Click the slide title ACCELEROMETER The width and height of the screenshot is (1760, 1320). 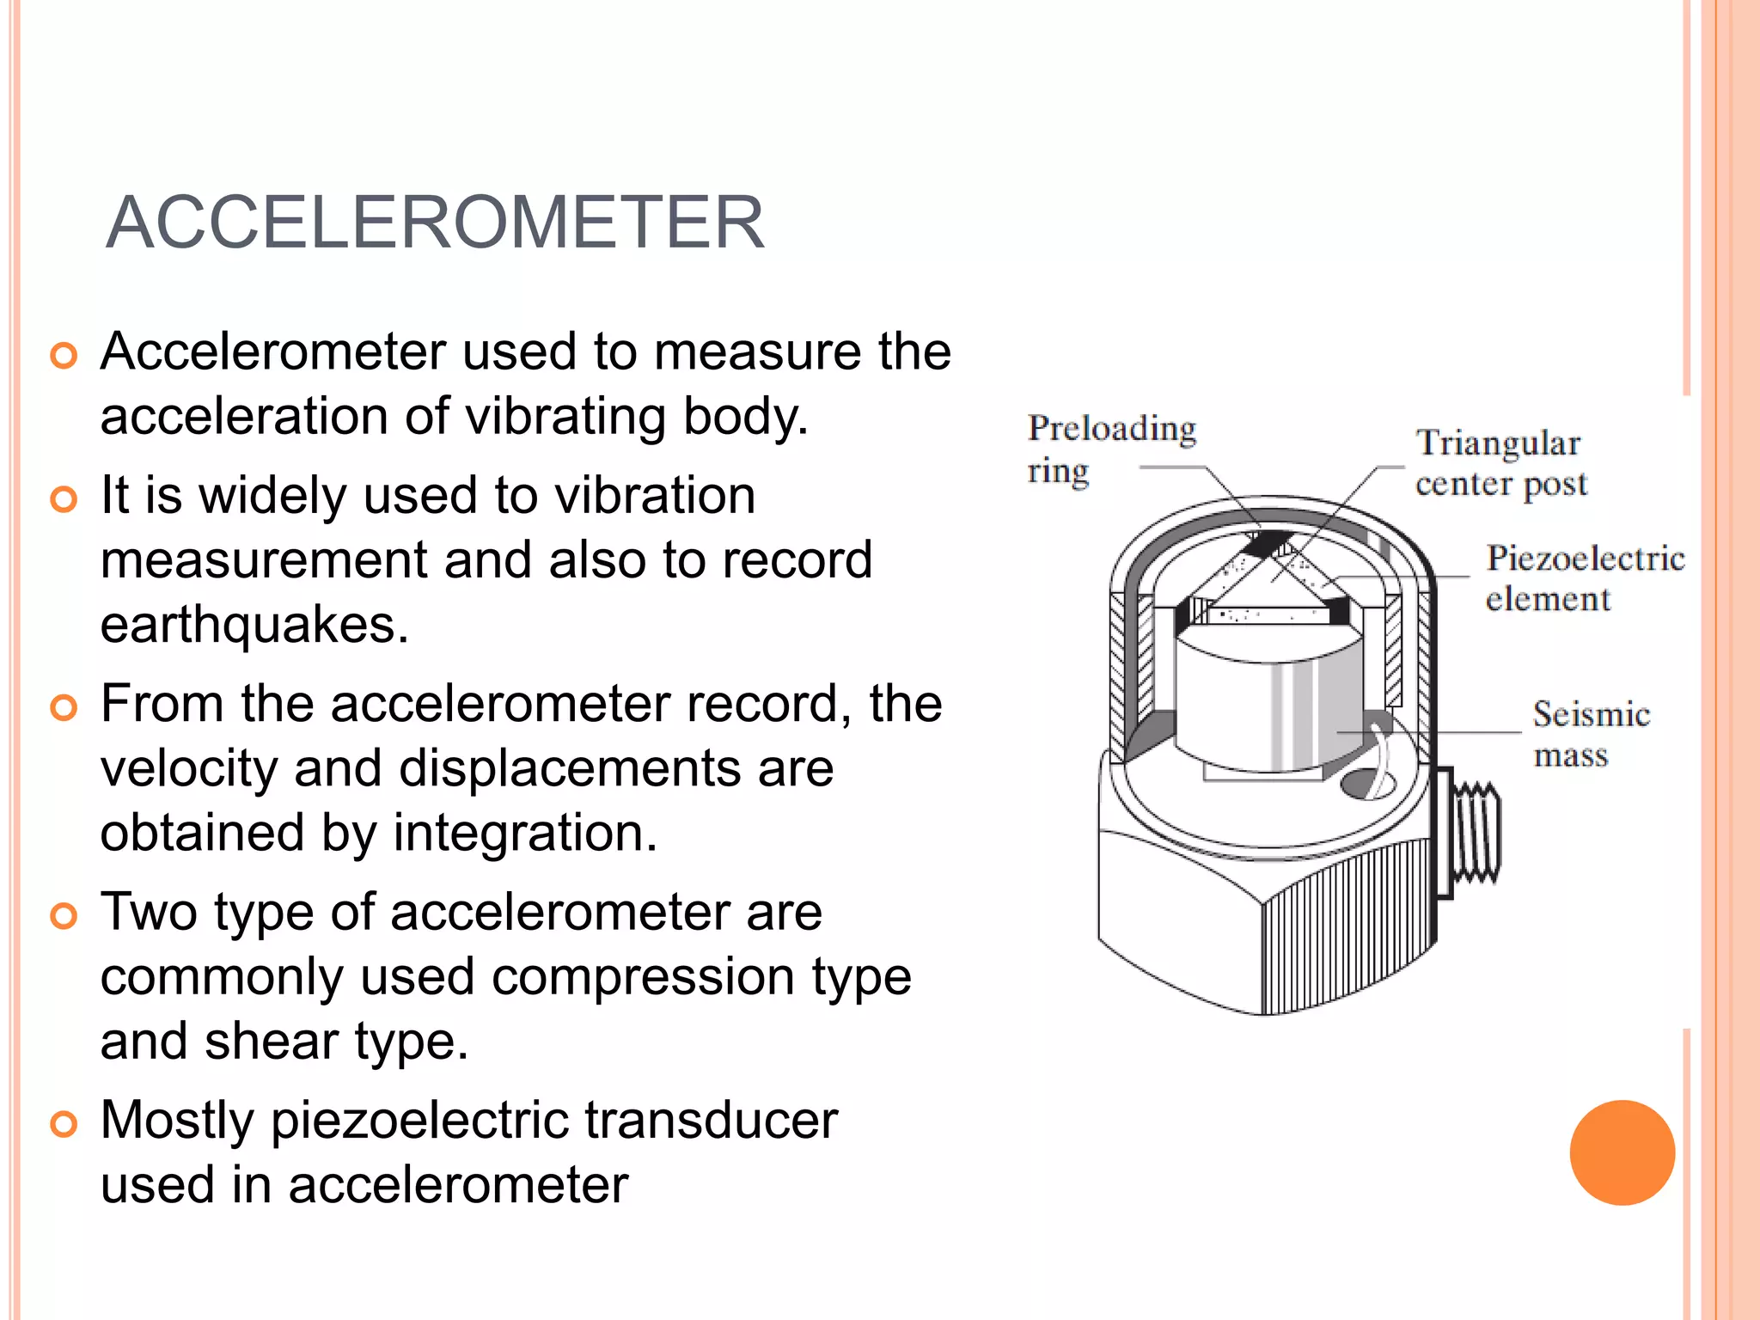click(x=434, y=223)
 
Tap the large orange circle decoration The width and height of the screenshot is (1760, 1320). click(x=1622, y=1152)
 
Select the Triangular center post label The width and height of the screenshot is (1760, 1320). click(x=1500, y=463)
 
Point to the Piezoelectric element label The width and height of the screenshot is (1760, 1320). click(x=1584, y=577)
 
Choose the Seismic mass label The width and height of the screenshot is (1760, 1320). click(x=1590, y=734)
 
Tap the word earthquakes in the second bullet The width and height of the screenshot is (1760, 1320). click(x=254, y=624)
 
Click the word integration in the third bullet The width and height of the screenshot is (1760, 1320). click(x=524, y=833)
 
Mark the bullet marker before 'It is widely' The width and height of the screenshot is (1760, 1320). click(x=64, y=499)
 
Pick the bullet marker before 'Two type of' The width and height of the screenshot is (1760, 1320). click(x=64, y=915)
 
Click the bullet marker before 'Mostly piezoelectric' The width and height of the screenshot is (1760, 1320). click(x=64, y=1124)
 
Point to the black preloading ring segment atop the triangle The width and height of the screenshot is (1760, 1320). click(x=1268, y=543)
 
